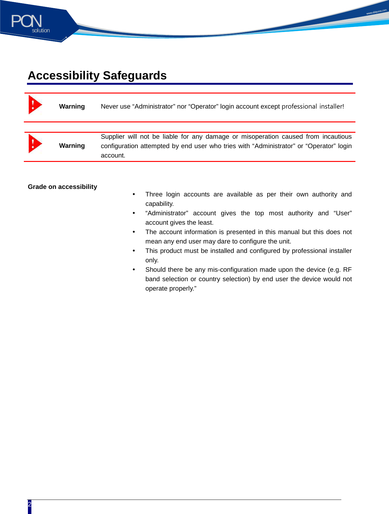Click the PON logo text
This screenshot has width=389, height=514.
click(x=26, y=21)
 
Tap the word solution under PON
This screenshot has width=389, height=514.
click(x=41, y=30)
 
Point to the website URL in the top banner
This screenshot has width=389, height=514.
click(x=376, y=12)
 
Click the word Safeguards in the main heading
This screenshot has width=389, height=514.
click(x=135, y=76)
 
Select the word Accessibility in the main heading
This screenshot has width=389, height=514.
click(x=64, y=76)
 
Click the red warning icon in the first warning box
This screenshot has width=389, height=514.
click(x=35, y=105)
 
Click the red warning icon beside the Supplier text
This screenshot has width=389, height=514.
click(x=35, y=144)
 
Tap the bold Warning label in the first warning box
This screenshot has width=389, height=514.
click(x=72, y=106)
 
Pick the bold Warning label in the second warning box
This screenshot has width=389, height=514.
click(x=72, y=146)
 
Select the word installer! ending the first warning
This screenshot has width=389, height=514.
click(x=332, y=106)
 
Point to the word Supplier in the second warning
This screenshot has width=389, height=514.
click(x=112, y=137)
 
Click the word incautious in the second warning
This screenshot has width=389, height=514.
click(x=337, y=137)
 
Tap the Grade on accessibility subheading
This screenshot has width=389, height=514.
click(x=62, y=187)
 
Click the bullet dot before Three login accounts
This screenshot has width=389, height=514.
click(x=134, y=194)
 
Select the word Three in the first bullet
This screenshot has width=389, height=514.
click(x=154, y=194)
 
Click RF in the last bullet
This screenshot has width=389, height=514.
click(x=347, y=270)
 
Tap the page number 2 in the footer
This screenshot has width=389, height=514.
click(x=29, y=504)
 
